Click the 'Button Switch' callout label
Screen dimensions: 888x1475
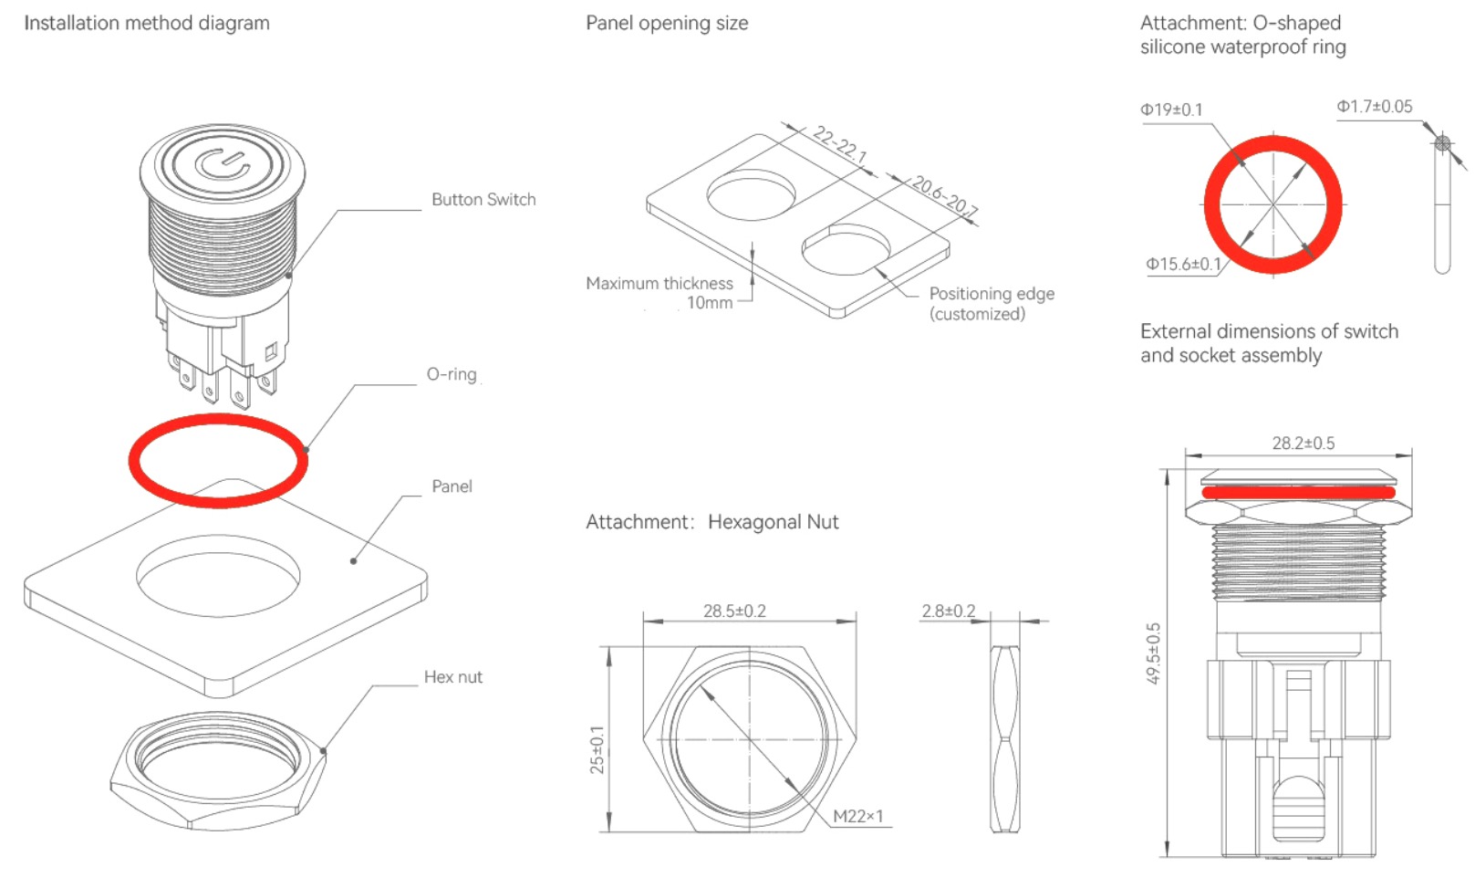coord(483,200)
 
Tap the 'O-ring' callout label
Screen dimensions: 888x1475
coord(452,374)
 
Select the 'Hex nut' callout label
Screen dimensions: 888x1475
coord(452,677)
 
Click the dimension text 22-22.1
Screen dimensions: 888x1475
coord(840,145)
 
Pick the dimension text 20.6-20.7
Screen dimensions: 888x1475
coord(944,195)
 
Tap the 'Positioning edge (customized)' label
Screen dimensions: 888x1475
coord(991,304)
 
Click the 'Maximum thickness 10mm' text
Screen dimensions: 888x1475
coord(660,293)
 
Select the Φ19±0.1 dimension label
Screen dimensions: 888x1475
coord(1171,110)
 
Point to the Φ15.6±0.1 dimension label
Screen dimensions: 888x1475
coord(1183,265)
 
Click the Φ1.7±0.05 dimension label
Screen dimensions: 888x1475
coord(1374,107)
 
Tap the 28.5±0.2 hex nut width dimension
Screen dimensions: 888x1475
coord(734,611)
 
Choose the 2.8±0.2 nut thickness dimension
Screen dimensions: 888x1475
coord(949,611)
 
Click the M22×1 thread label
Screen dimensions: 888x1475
coord(857,816)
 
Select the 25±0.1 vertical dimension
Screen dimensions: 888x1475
coord(597,750)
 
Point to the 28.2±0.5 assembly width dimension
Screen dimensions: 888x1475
coord(1303,444)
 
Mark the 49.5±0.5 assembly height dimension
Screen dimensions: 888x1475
coord(1154,653)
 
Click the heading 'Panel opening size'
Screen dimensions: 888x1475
coord(667,24)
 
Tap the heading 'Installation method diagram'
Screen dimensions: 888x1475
coord(147,23)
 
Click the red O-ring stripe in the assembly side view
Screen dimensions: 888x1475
coord(1298,493)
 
